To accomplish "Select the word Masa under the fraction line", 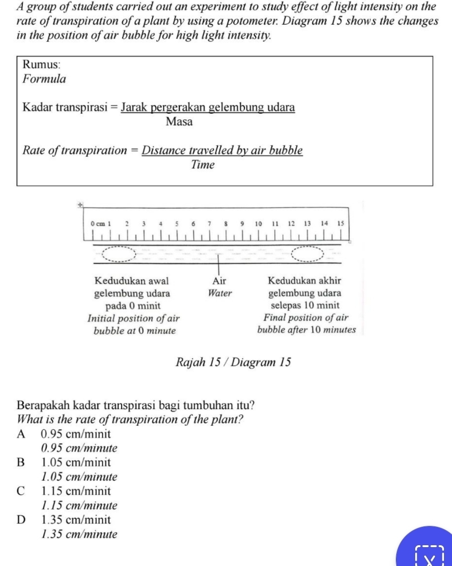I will [x=179, y=122].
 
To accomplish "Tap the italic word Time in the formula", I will [x=203, y=165].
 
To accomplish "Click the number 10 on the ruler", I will [x=258, y=223].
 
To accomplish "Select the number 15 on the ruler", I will [x=341, y=223].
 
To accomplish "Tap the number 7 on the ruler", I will [x=209, y=223].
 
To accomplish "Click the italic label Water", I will [x=220, y=293].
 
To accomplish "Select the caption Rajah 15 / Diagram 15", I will [x=233, y=363].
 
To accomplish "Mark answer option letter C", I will [x=20, y=491].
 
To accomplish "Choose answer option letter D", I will [x=21, y=520].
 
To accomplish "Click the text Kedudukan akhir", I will [x=304, y=281].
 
